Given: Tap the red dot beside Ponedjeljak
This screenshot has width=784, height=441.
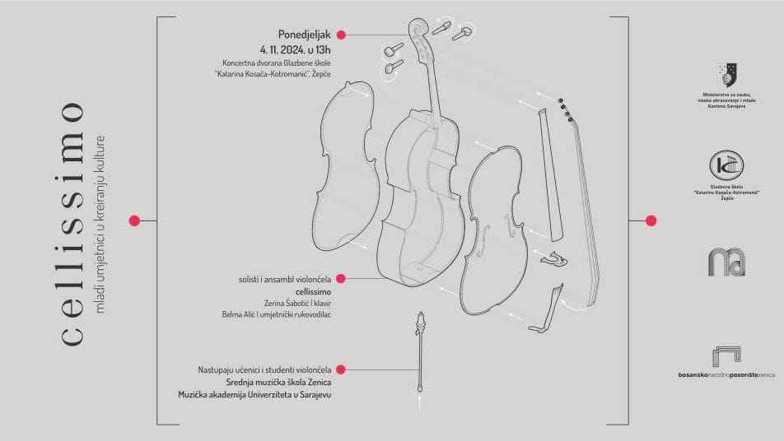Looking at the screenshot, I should coord(341,35).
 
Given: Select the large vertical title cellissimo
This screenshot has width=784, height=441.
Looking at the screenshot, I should coord(73,222).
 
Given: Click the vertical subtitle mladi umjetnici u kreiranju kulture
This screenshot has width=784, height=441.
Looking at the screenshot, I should coord(101,222).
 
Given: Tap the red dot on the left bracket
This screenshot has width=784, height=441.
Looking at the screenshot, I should coord(134,220).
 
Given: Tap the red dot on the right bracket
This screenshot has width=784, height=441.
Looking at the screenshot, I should coord(651,220).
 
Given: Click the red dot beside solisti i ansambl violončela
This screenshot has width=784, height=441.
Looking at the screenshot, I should coord(341,279).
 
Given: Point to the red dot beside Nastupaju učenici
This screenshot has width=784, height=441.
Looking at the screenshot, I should coord(341,369).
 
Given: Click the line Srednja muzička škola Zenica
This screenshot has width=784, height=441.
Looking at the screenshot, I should coord(278,382).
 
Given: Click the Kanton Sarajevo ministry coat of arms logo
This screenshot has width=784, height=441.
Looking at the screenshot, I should coord(726,74).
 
